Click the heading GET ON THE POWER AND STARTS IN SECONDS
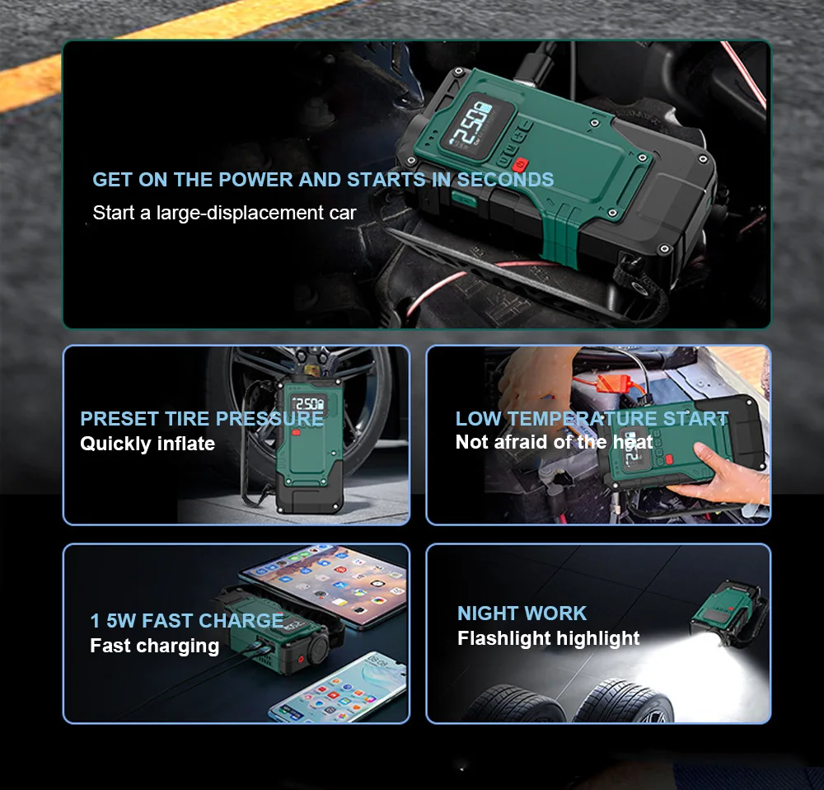323,180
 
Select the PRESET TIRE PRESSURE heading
201,419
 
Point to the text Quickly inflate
147,444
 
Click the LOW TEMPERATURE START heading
592,419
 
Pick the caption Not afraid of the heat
554,442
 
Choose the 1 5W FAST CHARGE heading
187,621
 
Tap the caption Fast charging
154,646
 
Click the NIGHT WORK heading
522,614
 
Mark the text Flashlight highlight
548,638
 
